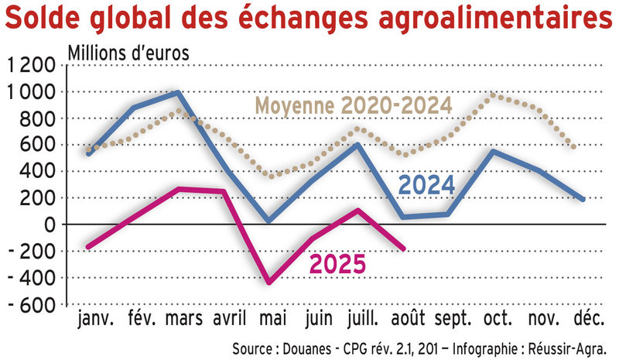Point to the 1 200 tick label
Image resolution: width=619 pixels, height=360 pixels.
click(x=29, y=66)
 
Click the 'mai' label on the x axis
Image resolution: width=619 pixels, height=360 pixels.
click(x=269, y=319)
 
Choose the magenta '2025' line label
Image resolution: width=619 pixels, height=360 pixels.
click(x=337, y=265)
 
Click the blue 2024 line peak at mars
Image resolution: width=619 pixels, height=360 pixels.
click(x=179, y=93)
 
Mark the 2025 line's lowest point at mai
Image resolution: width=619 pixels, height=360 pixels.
click(x=268, y=283)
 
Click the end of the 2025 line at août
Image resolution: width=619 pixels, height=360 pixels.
click(x=403, y=249)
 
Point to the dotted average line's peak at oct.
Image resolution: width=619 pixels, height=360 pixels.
click(x=493, y=94)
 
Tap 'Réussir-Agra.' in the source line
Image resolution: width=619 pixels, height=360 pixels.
click(x=573, y=346)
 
